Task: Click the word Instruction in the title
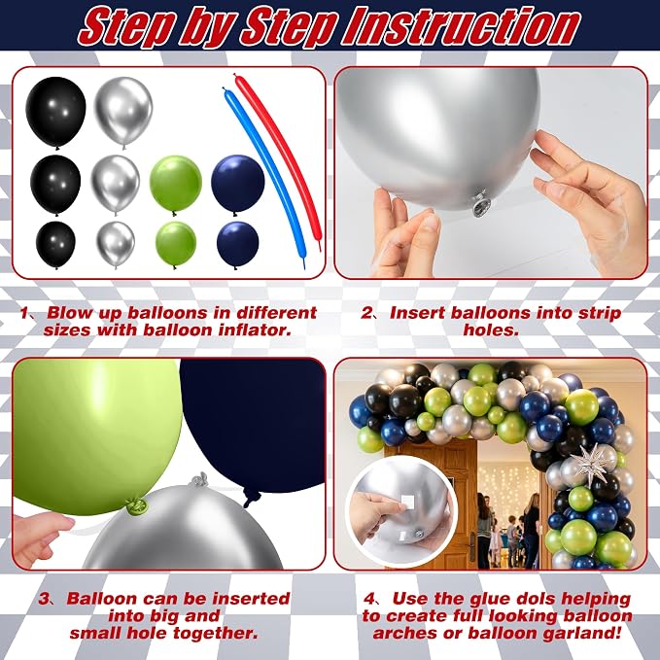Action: pos(462,26)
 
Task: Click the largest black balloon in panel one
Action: pos(55,113)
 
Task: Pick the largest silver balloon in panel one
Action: pos(122,112)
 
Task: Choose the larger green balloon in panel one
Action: pos(176,184)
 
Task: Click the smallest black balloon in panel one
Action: pos(55,245)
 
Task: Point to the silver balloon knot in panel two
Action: pos(480,204)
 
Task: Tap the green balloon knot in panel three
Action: pos(135,505)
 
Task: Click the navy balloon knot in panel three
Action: pos(249,499)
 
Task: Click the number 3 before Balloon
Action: pos(44,600)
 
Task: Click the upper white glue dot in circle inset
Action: pos(407,503)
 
